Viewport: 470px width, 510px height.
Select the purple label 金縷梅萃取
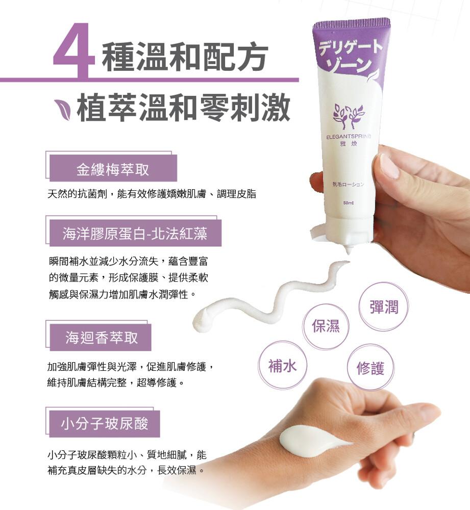click(x=113, y=168)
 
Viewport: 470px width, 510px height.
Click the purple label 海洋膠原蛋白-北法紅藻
click(x=135, y=233)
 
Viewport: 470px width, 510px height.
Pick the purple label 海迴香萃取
click(x=101, y=337)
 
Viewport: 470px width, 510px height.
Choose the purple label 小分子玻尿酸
click(x=105, y=423)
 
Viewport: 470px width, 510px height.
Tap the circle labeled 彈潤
click(x=384, y=307)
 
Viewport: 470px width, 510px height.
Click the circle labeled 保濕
click(x=326, y=326)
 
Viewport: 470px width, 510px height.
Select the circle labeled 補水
click(x=282, y=365)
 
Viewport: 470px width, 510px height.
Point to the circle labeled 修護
click(x=370, y=368)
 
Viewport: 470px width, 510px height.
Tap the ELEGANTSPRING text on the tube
click(x=348, y=137)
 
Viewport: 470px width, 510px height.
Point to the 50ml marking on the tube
click(x=348, y=203)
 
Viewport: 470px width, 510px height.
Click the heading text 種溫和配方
click(x=185, y=57)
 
